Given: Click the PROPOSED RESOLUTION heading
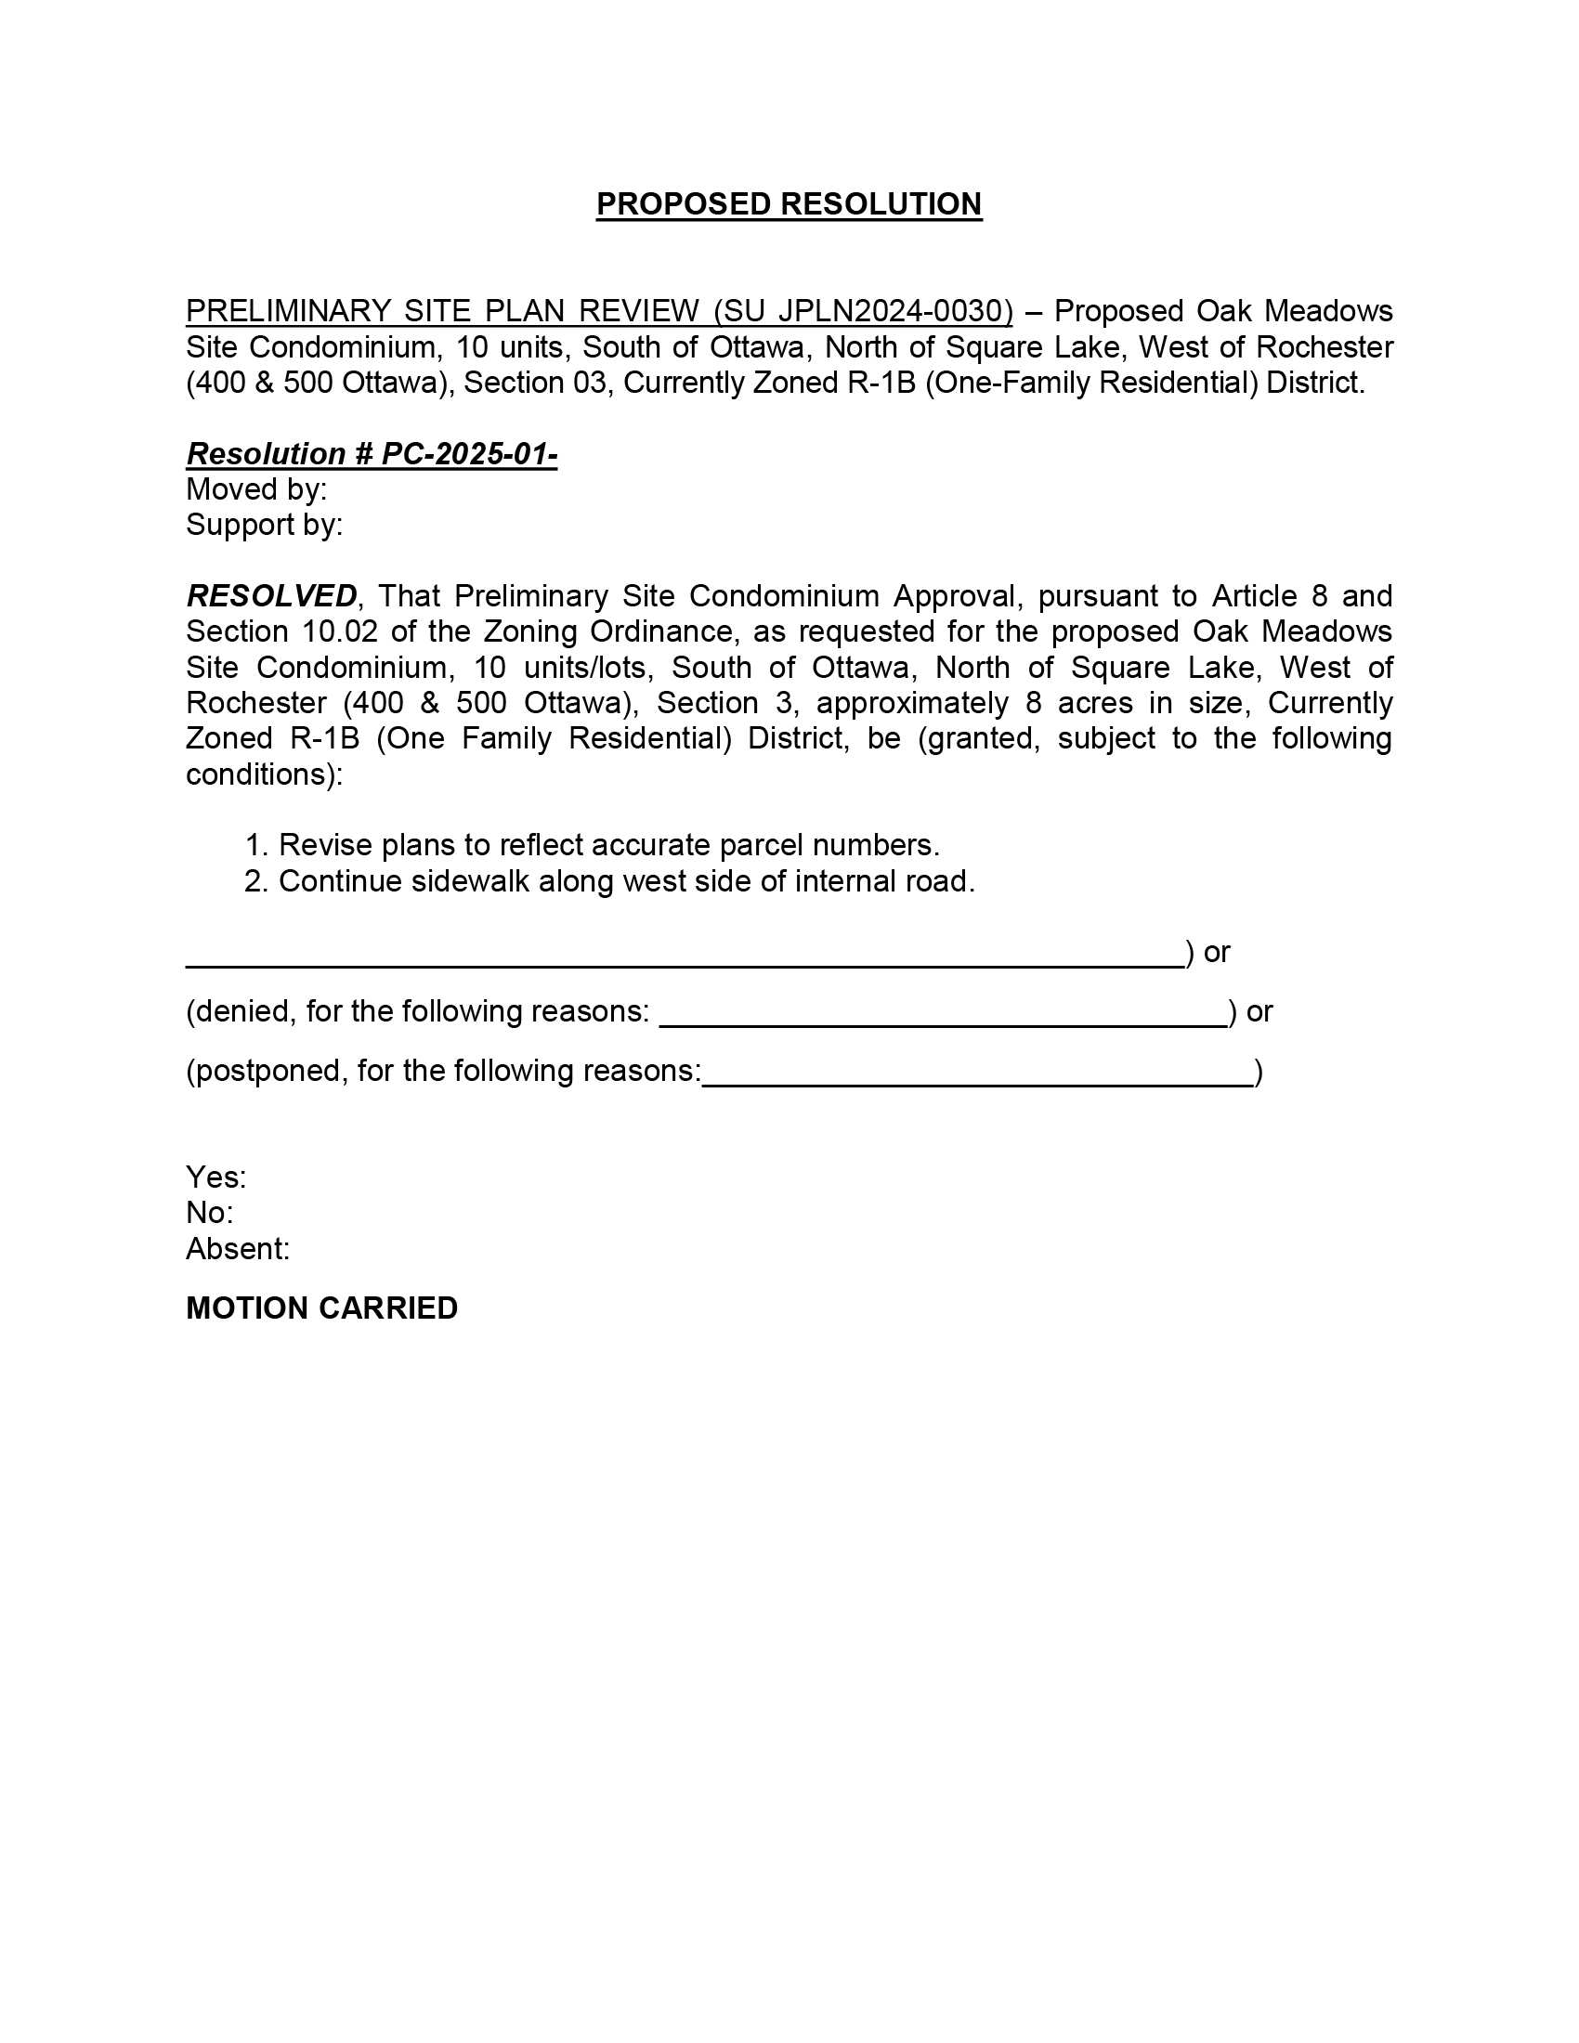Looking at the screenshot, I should tap(789, 204).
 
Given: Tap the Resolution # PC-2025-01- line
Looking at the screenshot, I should tap(372, 454).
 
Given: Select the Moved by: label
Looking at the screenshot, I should tap(256, 489).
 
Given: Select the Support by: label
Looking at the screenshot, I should tap(264, 525).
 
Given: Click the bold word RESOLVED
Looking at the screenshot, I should tap(271, 596).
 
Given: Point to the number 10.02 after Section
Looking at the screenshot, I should tap(340, 631).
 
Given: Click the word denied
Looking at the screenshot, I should tap(241, 1011).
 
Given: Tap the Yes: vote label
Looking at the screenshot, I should tap(216, 1177).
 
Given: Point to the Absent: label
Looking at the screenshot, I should tap(238, 1249).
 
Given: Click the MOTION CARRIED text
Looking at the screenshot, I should tap(321, 1308).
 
